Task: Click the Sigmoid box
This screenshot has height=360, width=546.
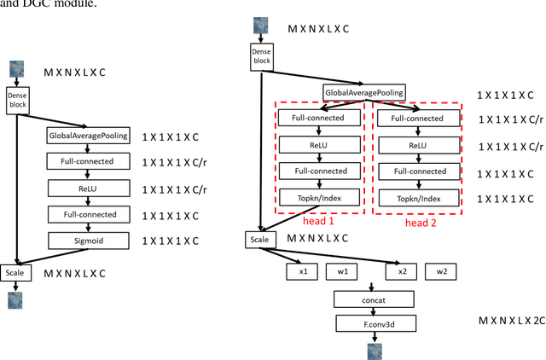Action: click(x=89, y=240)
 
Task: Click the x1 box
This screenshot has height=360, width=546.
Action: click(x=302, y=271)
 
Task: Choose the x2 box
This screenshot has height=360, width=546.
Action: click(x=402, y=271)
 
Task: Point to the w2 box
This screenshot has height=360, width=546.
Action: click(x=441, y=271)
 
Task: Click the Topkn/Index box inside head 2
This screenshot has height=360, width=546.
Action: click(x=418, y=199)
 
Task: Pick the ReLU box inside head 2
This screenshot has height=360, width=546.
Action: click(x=418, y=146)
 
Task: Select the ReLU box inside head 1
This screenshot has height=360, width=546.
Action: click(x=318, y=146)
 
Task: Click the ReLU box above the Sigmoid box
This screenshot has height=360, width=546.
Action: click(x=89, y=187)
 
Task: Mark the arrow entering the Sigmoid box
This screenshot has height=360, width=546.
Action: click(x=89, y=227)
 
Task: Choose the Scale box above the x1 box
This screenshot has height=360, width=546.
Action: click(x=258, y=241)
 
